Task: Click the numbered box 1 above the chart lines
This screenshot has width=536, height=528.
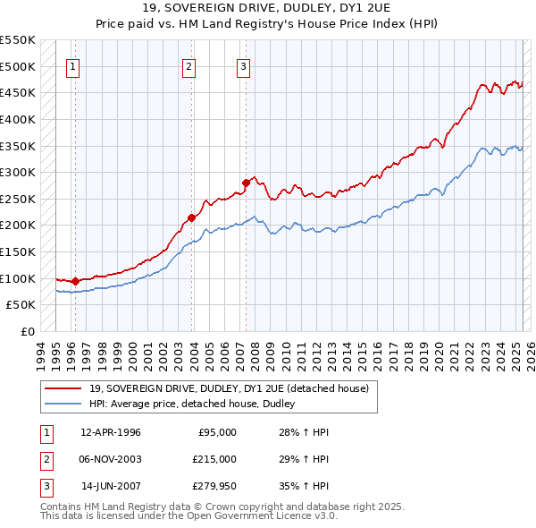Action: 72,65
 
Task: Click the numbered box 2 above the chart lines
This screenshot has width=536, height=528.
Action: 189,65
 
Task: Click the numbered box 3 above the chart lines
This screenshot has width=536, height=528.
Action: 243,65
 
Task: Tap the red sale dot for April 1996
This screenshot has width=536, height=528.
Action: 75,281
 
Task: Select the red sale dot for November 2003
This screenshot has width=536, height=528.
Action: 191,217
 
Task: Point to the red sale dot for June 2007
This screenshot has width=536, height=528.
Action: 246,183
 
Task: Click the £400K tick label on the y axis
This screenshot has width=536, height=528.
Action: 18,119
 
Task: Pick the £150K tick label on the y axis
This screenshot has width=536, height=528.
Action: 18,251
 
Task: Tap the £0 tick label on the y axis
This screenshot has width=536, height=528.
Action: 27,331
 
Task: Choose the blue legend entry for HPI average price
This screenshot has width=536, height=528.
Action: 197,405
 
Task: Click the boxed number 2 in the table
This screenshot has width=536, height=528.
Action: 45,459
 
